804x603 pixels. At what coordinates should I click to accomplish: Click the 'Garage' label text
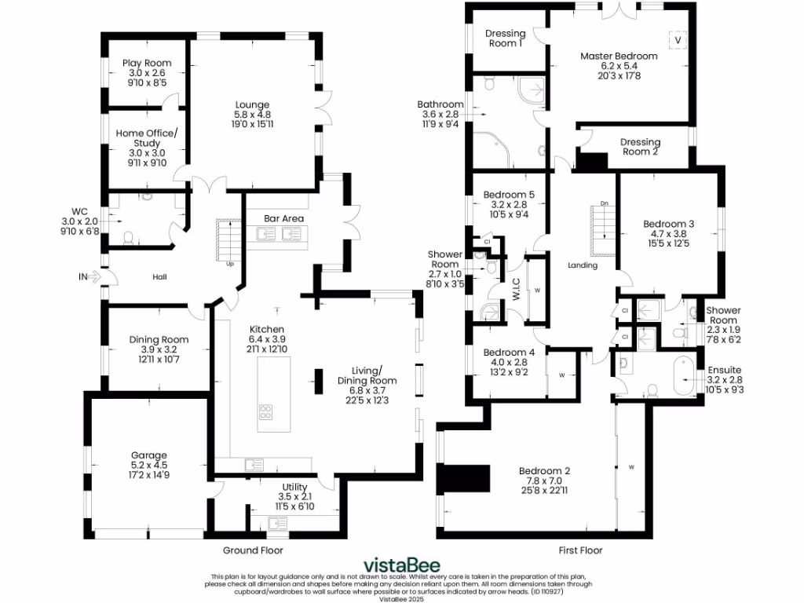(x=149, y=455)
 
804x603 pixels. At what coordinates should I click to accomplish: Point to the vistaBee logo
(x=401, y=565)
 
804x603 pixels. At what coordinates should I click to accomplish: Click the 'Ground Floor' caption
(x=253, y=550)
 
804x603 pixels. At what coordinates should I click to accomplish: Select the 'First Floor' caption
(x=580, y=550)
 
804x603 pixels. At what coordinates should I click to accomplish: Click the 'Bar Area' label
(x=283, y=218)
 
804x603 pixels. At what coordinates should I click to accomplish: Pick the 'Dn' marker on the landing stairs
(x=604, y=203)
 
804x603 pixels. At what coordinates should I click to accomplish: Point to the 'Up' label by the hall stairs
(x=230, y=264)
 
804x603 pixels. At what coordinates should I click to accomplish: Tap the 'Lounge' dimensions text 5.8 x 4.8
(x=252, y=114)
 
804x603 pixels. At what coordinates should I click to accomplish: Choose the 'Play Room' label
(x=146, y=64)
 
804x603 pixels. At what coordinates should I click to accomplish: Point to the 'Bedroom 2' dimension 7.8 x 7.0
(x=544, y=481)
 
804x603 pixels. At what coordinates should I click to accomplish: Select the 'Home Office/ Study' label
(x=147, y=138)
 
